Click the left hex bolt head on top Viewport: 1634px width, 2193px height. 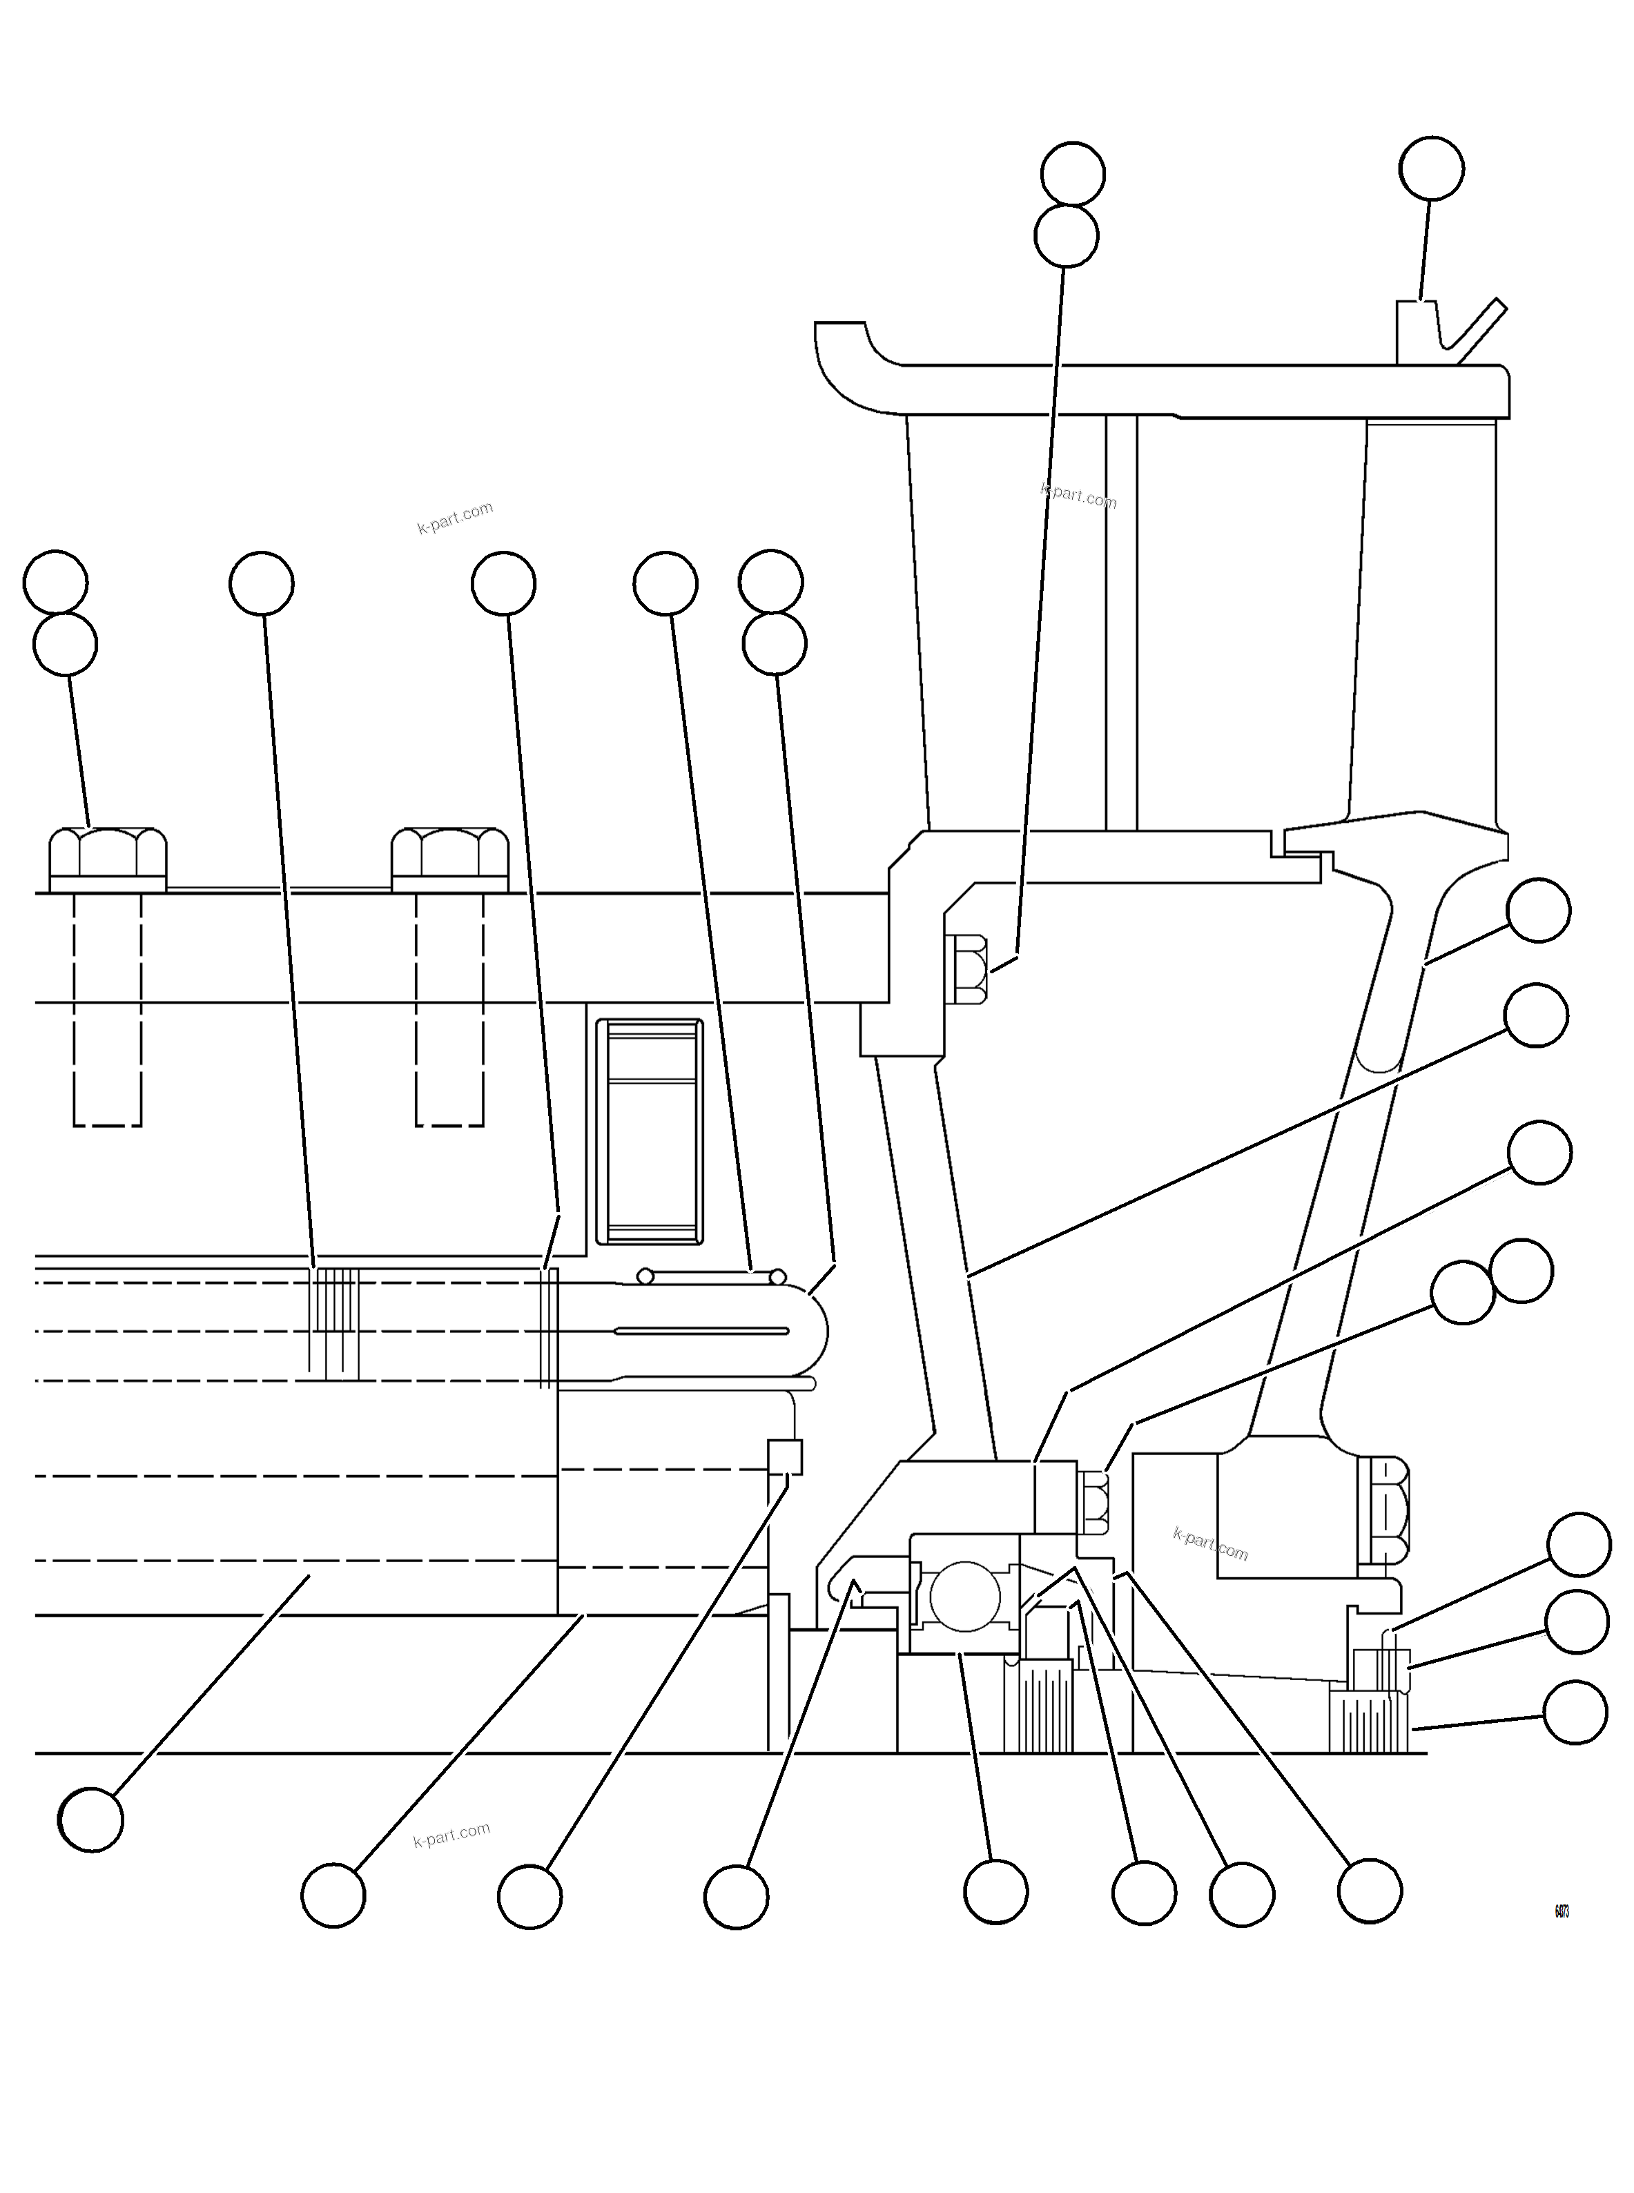pos(108,859)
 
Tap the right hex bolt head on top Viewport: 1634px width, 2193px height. pos(450,859)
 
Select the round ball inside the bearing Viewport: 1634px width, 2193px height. pos(964,1597)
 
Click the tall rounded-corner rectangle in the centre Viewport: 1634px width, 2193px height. pos(650,1131)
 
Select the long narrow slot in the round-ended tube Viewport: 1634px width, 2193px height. pos(701,1332)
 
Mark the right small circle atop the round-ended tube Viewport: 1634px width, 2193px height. pos(777,1277)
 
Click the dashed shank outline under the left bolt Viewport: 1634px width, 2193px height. pos(108,1009)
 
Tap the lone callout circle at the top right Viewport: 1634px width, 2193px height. pos(1431,168)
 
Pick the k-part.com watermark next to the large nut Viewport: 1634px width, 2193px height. pos(1209,1544)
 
